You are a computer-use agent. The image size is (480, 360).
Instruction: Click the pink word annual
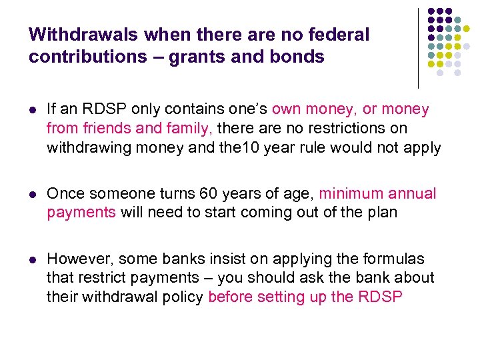414,194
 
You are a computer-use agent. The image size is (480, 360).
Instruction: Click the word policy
183,297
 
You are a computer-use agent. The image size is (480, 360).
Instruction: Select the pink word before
231,297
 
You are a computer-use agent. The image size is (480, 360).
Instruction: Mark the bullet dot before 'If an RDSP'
33,109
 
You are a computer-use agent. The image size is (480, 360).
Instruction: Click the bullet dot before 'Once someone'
33,195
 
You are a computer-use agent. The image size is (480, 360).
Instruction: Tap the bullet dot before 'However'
33,259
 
